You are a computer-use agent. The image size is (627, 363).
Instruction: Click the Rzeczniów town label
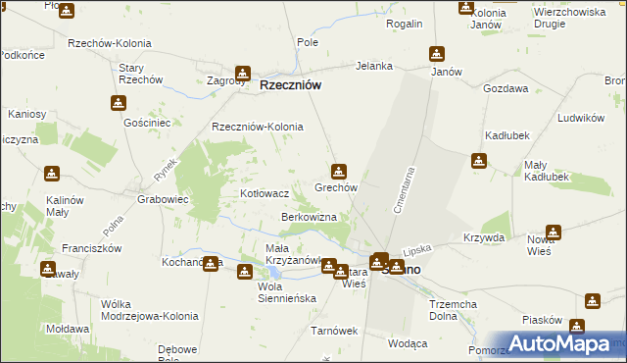point(291,85)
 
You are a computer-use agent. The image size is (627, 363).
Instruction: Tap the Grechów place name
point(335,186)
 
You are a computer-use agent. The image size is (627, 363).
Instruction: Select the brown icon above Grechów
point(339,170)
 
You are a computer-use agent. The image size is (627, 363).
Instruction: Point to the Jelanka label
point(374,66)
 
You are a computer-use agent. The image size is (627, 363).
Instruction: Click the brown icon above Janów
point(437,53)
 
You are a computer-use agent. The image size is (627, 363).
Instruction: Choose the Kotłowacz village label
point(265,194)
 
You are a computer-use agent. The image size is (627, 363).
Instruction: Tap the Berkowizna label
point(309,216)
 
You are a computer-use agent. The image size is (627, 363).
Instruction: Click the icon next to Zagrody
point(242,73)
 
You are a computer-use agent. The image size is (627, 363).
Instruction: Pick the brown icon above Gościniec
point(119,103)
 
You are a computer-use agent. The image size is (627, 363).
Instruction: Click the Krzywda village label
point(484,238)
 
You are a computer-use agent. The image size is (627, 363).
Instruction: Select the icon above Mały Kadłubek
point(478,161)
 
